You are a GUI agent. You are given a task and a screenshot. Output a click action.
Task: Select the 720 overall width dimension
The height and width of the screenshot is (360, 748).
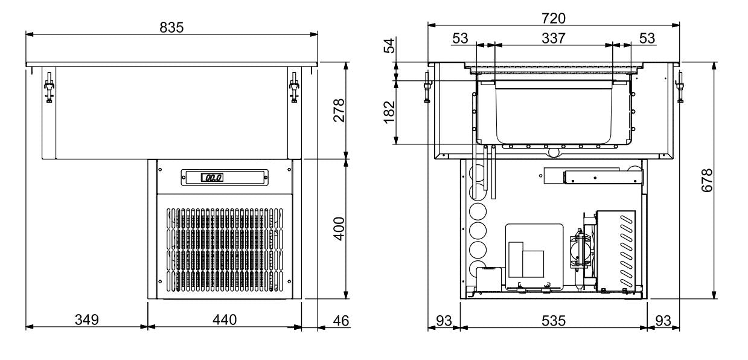(554, 18)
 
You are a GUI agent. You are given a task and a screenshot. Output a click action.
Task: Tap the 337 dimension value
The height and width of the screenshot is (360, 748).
(553, 38)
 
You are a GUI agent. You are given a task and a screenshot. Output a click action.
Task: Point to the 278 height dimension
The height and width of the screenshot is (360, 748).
(339, 110)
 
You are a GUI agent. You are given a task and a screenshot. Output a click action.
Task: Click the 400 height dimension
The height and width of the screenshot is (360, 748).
(339, 228)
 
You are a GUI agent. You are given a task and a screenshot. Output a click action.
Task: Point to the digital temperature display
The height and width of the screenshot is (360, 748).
(212, 178)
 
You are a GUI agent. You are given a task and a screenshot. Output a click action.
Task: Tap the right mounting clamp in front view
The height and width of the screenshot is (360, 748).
(294, 88)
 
